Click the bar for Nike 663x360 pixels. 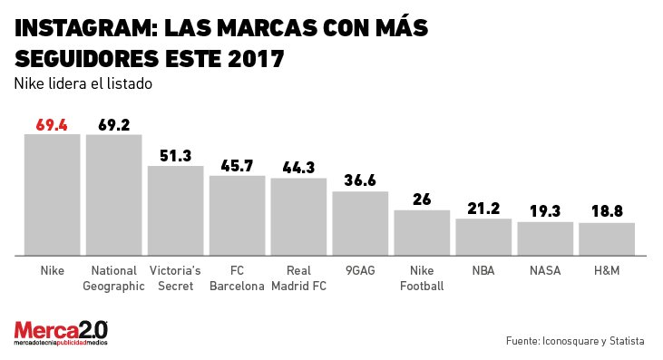click(52, 194)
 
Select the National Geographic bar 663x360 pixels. click(113, 194)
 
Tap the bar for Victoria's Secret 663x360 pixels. click(175, 209)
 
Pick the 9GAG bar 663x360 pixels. click(360, 223)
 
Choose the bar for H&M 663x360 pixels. click(606, 238)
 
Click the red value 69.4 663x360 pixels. click(52, 125)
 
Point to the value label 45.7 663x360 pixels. click(237, 166)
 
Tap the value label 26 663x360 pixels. click(422, 199)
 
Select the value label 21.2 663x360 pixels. click(483, 209)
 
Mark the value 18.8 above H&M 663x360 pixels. click(607, 212)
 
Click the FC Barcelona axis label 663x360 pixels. click(237, 277)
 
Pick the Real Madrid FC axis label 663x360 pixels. click(298, 277)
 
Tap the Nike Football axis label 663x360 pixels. click(422, 277)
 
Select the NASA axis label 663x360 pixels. click(545, 270)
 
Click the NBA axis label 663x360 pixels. click(483, 270)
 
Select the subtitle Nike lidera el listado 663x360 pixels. click(82, 83)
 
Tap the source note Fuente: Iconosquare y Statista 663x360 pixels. click(575, 341)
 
